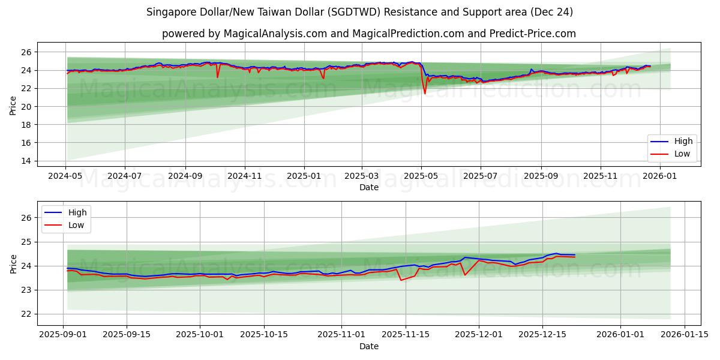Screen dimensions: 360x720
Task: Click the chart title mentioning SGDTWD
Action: [360, 12]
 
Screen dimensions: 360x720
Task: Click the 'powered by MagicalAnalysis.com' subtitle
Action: [368, 34]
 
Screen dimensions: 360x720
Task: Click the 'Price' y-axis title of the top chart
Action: [13, 106]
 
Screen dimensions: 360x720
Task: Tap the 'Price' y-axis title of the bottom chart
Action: [13, 264]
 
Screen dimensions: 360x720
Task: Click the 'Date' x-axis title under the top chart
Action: [368, 187]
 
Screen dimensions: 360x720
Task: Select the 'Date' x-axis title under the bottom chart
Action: [368, 346]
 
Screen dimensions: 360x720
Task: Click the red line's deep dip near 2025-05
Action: [425, 94]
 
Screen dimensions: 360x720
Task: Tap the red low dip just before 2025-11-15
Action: [401, 280]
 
